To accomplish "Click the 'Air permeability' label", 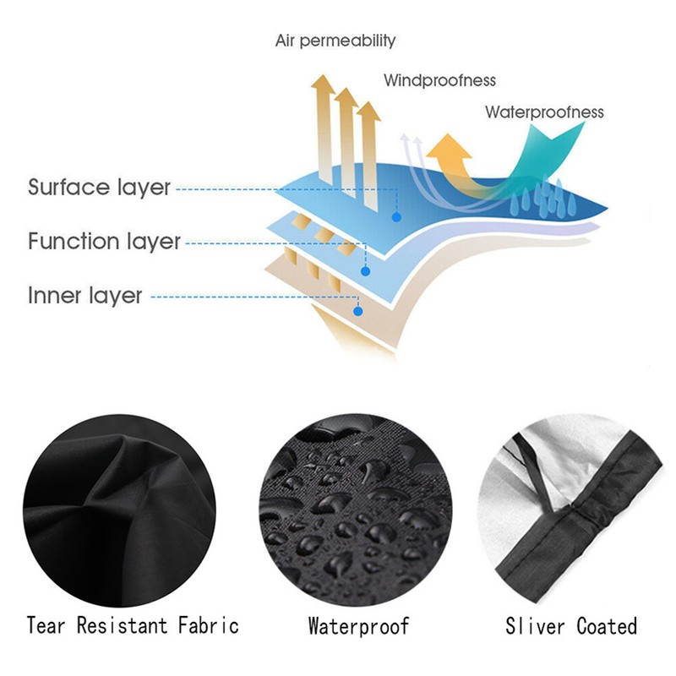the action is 335,41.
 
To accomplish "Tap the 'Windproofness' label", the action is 439,80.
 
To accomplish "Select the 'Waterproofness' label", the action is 544,112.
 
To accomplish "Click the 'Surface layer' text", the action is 99,188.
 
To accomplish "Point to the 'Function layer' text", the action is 104,241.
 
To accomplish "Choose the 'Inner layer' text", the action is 85,296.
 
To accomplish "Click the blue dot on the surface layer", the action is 396,217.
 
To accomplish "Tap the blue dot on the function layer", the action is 366,271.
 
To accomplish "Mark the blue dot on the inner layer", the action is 357,311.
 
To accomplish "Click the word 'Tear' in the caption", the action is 46,625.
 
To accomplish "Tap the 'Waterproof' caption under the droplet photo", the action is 358,626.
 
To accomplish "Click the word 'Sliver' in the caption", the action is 535,626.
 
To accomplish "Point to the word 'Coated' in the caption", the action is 607,626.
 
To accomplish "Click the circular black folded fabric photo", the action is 119,510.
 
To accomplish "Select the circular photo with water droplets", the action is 356,510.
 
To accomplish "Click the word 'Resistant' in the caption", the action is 122,625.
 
